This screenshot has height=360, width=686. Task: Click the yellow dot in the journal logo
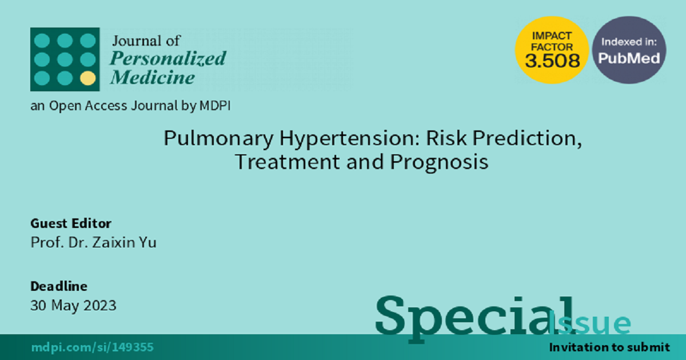tap(88, 78)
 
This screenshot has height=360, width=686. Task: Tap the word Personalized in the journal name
tap(168, 58)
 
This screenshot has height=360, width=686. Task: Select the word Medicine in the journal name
tap(153, 77)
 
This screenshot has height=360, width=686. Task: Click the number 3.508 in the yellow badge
tap(552, 61)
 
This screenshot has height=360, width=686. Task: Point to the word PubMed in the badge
tap(629, 58)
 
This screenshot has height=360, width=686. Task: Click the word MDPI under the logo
tap(215, 106)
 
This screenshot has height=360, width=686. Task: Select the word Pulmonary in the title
tap(218, 138)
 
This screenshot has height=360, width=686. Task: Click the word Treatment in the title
tap(288, 162)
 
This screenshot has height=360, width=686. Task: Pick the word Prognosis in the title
tap(439, 162)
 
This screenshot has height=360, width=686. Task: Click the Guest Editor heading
tap(71, 223)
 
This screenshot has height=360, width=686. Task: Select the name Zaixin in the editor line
tap(113, 242)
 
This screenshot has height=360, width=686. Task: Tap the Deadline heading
tap(59, 286)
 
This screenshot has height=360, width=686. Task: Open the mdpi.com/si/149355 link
tap(93, 347)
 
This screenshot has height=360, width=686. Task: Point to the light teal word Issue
tap(589, 323)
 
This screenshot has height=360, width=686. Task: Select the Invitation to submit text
tap(609, 347)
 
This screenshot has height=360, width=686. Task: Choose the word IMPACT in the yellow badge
tap(552, 36)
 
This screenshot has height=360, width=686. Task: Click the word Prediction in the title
tap(527, 138)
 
